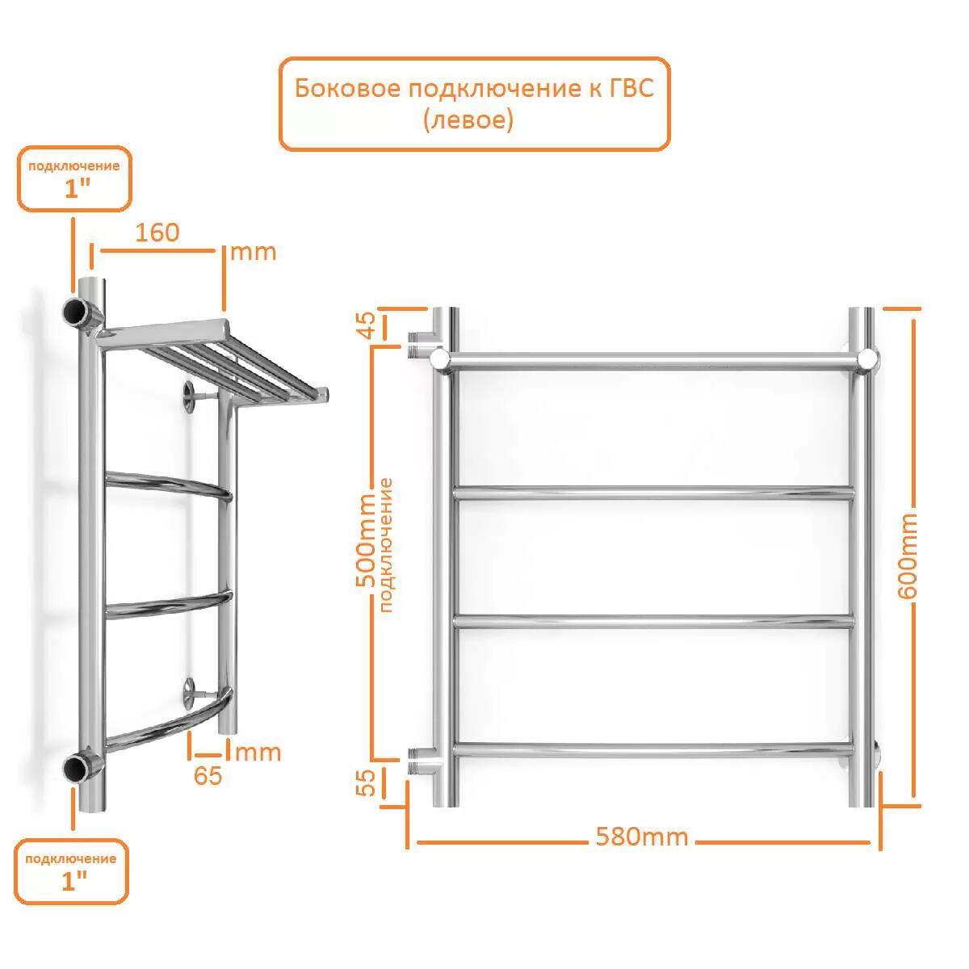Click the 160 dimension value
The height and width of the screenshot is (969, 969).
(x=157, y=233)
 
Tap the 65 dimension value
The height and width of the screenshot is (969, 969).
(x=208, y=776)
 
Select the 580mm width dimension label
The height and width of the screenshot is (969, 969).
(x=642, y=837)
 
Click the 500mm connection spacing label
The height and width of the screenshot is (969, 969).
(x=366, y=540)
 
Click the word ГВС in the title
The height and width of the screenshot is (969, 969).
(x=631, y=89)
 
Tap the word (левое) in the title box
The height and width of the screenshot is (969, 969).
(x=468, y=120)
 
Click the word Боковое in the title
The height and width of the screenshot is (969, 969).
(x=347, y=89)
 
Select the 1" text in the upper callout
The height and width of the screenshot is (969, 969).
(x=77, y=190)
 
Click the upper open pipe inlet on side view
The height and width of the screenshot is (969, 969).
(x=74, y=312)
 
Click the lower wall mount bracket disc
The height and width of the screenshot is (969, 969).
(x=190, y=694)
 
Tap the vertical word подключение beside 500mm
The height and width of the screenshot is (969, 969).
(x=386, y=544)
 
